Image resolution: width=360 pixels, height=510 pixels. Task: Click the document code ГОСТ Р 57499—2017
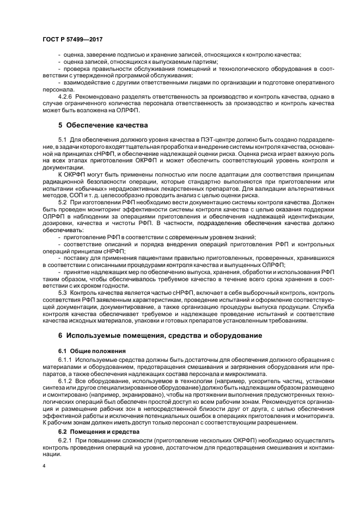coord(72,40)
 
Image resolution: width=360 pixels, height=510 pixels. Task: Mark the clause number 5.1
coord(62,140)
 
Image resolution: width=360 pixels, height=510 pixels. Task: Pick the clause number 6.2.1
coord(66,441)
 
